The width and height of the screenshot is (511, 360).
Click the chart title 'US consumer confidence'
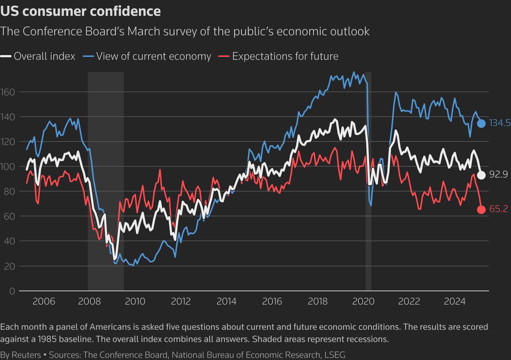tap(81, 11)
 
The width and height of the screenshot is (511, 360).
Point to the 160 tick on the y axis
tap(8, 92)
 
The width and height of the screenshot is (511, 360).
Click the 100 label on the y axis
tap(8, 167)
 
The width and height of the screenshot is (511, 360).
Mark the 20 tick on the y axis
tap(10, 266)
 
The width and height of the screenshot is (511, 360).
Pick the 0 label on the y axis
tap(12, 291)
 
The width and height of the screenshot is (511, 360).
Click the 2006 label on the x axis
tap(44, 301)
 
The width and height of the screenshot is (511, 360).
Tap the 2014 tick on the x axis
tap(226, 301)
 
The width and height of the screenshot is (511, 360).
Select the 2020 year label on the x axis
tap(363, 301)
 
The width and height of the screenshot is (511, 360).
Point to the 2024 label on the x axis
tap(455, 301)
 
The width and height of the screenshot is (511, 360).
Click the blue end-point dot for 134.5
tap(481, 123)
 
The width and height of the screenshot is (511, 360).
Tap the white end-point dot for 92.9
tap(481, 175)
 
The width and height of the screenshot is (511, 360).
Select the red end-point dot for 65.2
tap(481, 210)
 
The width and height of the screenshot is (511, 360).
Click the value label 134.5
tap(500, 123)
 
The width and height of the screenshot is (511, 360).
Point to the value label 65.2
tap(498, 209)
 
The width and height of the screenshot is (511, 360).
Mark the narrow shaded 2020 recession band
tap(368, 180)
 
